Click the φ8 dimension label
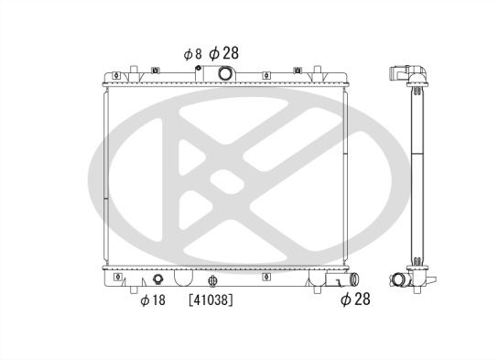click(192, 54)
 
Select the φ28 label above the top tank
click(224, 53)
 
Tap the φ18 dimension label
click(153, 300)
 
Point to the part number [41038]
click(211, 300)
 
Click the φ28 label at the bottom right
click(355, 300)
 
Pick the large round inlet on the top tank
click(225, 73)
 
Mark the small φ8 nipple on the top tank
click(198, 68)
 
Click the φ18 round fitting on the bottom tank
click(157, 279)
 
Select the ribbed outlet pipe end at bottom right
click(353, 279)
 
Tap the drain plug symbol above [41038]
click(212, 280)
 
